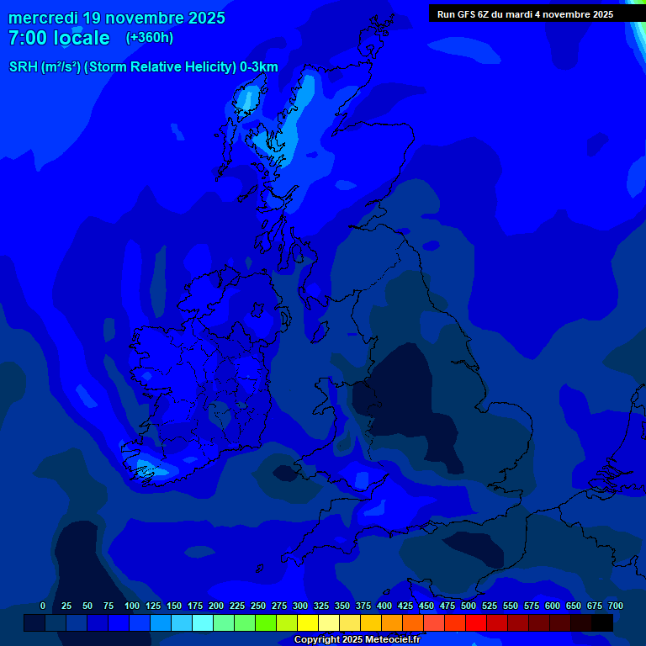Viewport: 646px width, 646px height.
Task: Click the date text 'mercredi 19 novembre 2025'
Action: point(117,18)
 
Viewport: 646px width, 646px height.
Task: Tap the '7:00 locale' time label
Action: point(59,38)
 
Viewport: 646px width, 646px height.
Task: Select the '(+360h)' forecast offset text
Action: point(150,37)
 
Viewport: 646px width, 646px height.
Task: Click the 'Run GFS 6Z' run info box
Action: point(525,13)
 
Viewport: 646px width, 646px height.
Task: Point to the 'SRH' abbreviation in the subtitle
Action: point(23,67)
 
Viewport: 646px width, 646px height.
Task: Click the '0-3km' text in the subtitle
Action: point(259,67)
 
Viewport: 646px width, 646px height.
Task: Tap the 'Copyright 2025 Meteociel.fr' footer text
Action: point(357,639)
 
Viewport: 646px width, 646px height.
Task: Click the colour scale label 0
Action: point(43,606)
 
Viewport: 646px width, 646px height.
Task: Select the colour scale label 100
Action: point(132,606)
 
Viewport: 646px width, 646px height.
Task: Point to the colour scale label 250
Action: point(258,606)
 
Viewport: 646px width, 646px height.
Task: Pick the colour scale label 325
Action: point(321,606)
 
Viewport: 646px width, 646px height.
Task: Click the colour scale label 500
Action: point(469,606)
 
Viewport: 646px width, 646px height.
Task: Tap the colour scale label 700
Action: point(615,606)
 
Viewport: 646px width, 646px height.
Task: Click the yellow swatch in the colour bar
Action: point(308,622)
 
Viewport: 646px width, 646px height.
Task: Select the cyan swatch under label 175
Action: point(203,622)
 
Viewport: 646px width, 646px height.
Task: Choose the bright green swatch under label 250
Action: point(266,622)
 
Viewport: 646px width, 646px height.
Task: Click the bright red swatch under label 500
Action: point(476,622)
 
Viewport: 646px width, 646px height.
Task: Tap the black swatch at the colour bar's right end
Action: point(602,622)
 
